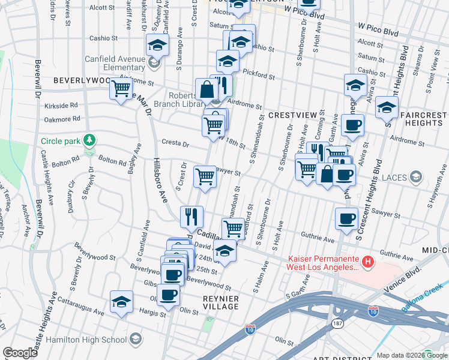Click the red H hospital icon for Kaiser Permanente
tap(369, 262)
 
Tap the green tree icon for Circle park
tap(89, 140)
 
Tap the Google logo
tap(20, 353)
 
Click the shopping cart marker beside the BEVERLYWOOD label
tap(121, 89)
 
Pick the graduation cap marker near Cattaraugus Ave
tap(121, 302)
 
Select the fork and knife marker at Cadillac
tap(192, 215)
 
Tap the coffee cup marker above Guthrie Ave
tap(346, 218)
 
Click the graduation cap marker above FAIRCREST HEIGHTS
tap(387, 107)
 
